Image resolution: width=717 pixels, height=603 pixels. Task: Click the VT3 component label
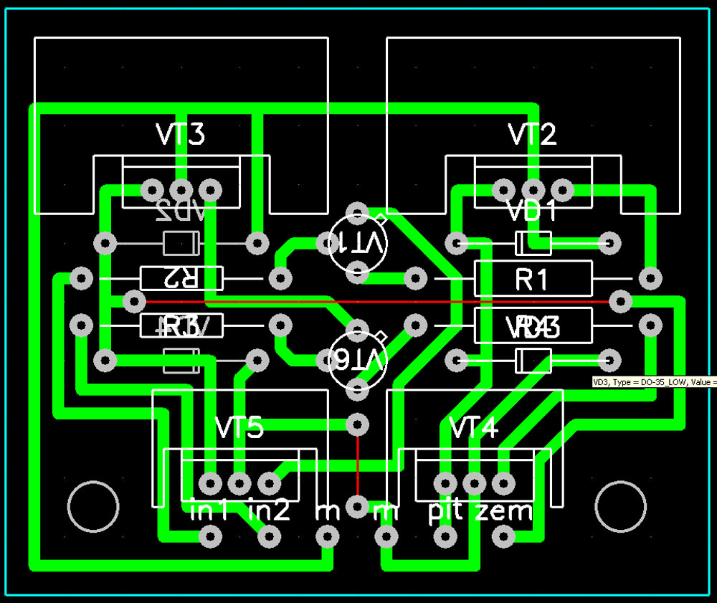180,134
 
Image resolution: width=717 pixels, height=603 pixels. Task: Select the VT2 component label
532,134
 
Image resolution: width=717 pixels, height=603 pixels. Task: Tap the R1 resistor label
531,280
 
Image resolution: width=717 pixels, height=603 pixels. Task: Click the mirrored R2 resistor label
181,278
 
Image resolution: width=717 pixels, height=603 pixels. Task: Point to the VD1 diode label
531,212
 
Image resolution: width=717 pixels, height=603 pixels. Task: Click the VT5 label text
239,428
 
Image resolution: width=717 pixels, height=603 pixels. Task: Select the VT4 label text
473,428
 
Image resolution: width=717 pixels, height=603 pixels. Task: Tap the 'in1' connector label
210,511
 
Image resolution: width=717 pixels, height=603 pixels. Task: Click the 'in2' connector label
269,511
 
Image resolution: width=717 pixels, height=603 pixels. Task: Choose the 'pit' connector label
444,511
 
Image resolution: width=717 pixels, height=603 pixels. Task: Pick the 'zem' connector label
504,511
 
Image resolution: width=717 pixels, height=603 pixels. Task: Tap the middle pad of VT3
181,190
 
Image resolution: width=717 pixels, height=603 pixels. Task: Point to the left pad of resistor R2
82,278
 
